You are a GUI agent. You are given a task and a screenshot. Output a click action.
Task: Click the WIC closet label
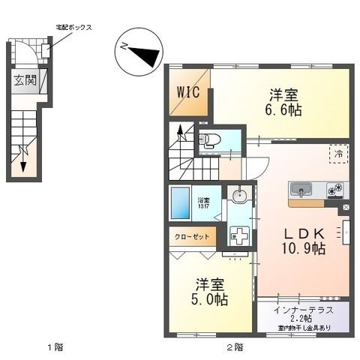tap(188, 94)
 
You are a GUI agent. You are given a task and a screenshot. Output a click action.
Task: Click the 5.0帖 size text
tap(210, 299)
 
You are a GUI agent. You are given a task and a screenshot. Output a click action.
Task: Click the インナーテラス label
tap(304, 310)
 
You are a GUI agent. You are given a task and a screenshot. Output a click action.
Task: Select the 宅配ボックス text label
tap(73, 27)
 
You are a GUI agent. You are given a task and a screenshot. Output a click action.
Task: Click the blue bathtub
tap(181, 202)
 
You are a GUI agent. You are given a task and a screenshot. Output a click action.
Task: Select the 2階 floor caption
tap(234, 347)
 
